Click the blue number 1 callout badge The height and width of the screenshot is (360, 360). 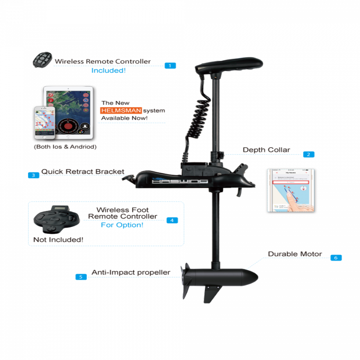click(170, 65)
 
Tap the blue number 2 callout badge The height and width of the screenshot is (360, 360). click(308, 154)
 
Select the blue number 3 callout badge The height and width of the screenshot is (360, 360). click(34, 175)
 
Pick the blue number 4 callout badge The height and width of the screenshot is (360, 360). click(172, 220)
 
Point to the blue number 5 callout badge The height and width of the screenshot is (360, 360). click(81, 276)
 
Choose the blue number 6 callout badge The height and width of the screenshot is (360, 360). click(336, 258)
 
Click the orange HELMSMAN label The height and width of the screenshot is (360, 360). click(121, 110)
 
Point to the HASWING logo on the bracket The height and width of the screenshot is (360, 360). click(180, 181)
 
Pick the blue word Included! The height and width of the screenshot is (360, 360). click(108, 70)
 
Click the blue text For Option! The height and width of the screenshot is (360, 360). click(122, 225)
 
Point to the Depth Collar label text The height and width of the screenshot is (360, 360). click(266, 150)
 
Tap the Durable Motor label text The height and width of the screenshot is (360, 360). click(295, 254)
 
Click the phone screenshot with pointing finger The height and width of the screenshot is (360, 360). click(292, 191)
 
